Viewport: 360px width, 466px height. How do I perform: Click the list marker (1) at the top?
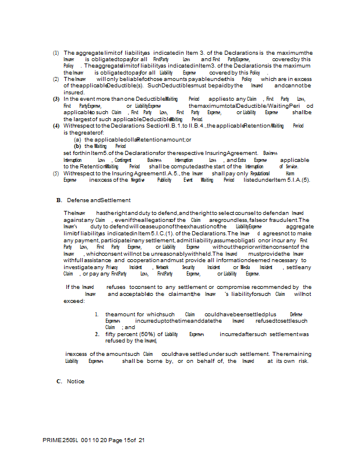pos(56,53)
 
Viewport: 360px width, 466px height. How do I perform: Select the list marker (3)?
pos(56,100)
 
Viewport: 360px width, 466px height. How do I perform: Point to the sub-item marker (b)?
pos(77,146)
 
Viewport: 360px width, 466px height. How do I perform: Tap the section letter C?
pos(59,382)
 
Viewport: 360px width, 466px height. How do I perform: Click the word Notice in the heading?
pos(76,382)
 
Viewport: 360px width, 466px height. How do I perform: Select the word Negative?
pos(137,180)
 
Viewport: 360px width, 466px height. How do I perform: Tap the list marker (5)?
pos(56,174)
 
